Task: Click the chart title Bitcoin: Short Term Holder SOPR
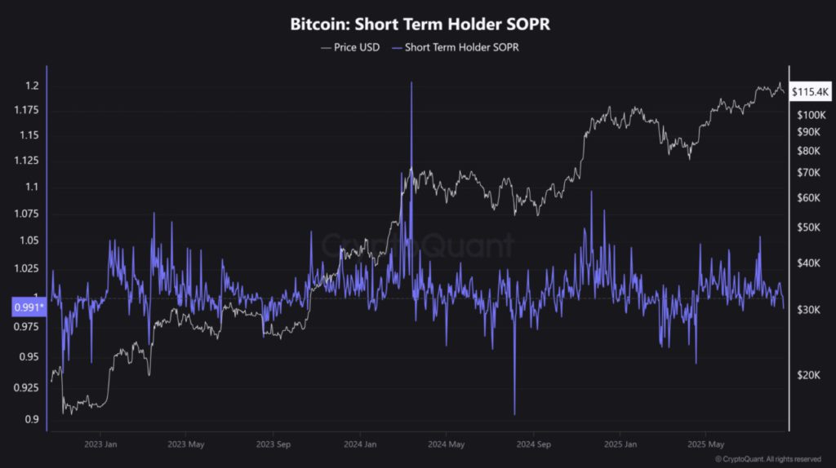point(420,24)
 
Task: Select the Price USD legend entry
point(350,47)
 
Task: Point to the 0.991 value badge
point(29,307)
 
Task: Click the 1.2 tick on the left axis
point(32,86)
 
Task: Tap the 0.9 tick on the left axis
point(32,419)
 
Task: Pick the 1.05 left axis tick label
point(29,241)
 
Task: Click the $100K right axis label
point(809,115)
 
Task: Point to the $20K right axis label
point(809,375)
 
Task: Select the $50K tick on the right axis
point(809,227)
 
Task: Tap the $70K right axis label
point(809,172)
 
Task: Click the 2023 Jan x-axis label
point(99,444)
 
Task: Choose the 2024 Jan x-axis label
point(359,444)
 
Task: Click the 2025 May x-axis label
point(705,444)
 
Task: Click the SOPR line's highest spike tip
point(411,82)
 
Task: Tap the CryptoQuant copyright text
point(767,460)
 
